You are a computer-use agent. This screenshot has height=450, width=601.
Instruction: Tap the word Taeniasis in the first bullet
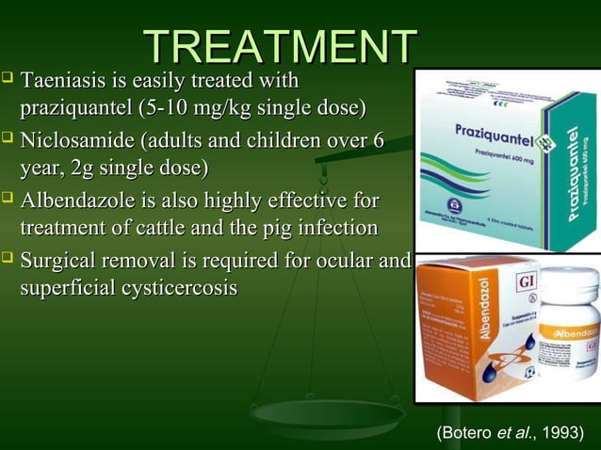62,82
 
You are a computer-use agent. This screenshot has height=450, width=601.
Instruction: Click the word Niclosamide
79,142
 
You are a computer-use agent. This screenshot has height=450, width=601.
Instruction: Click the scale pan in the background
330,414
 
